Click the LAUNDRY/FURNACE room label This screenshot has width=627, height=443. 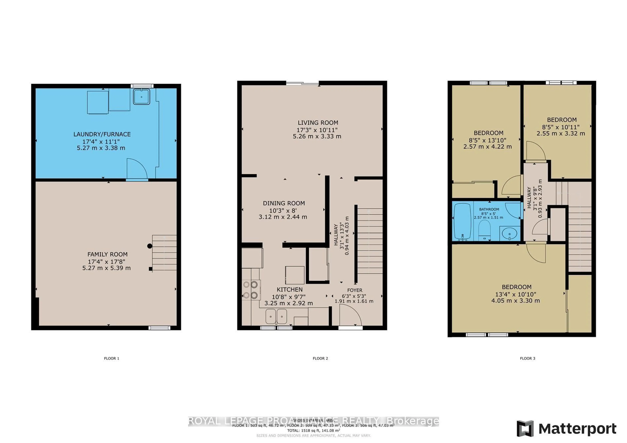[x=102, y=134]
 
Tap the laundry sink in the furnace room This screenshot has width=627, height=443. [x=141, y=97]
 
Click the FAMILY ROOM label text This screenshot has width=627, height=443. [x=107, y=254]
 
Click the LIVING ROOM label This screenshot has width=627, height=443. [x=318, y=123]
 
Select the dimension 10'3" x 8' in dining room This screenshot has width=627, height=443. [x=283, y=210]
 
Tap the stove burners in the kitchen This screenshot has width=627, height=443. [x=251, y=290]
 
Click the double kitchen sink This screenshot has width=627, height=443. [x=276, y=316]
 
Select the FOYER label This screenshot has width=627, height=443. [x=355, y=290]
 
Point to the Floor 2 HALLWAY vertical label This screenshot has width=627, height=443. [x=336, y=235]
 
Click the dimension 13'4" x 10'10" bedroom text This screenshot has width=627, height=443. [x=516, y=294]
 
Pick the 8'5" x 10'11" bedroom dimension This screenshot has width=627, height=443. [x=561, y=127]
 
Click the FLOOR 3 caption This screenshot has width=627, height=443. [x=527, y=358]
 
